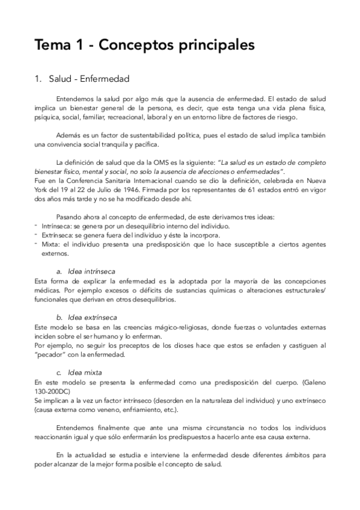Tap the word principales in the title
pos(209,46)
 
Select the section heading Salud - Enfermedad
pos(87,79)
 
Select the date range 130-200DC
pos(53,391)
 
